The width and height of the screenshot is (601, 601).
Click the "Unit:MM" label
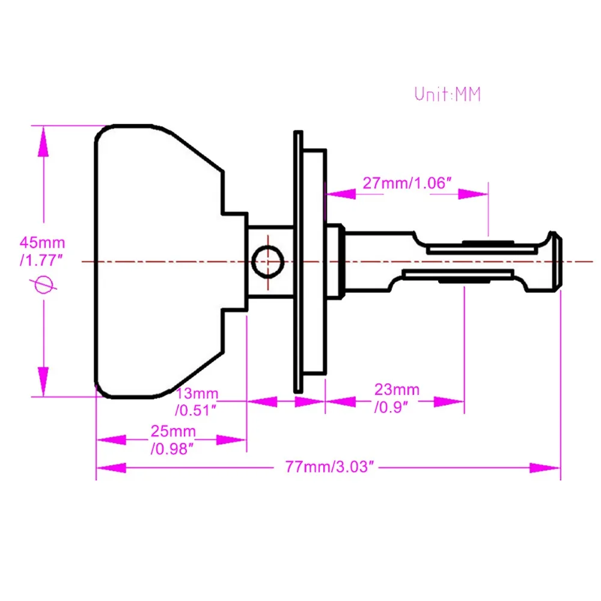(448, 94)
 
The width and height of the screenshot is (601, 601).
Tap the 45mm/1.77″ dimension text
(42, 251)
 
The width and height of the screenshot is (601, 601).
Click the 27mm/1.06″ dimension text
(406, 183)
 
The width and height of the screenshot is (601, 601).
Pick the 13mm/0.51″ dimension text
(197, 402)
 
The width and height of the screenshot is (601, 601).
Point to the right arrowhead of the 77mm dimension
(544, 467)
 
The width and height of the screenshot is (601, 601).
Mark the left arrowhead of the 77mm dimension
(111, 467)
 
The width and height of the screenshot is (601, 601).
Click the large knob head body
(156, 261)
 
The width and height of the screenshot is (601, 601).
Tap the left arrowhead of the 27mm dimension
(340, 194)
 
